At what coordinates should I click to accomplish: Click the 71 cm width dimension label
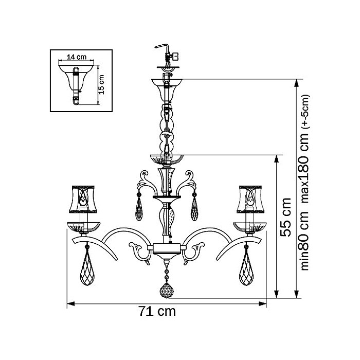(x=157, y=312)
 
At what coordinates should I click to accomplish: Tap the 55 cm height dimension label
(x=286, y=218)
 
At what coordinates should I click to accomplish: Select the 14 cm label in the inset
(x=77, y=57)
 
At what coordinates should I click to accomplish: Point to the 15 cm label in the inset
(x=101, y=84)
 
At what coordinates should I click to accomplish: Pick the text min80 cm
(x=305, y=241)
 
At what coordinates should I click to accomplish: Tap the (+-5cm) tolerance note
(x=307, y=111)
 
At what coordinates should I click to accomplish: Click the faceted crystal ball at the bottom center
(x=167, y=291)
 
